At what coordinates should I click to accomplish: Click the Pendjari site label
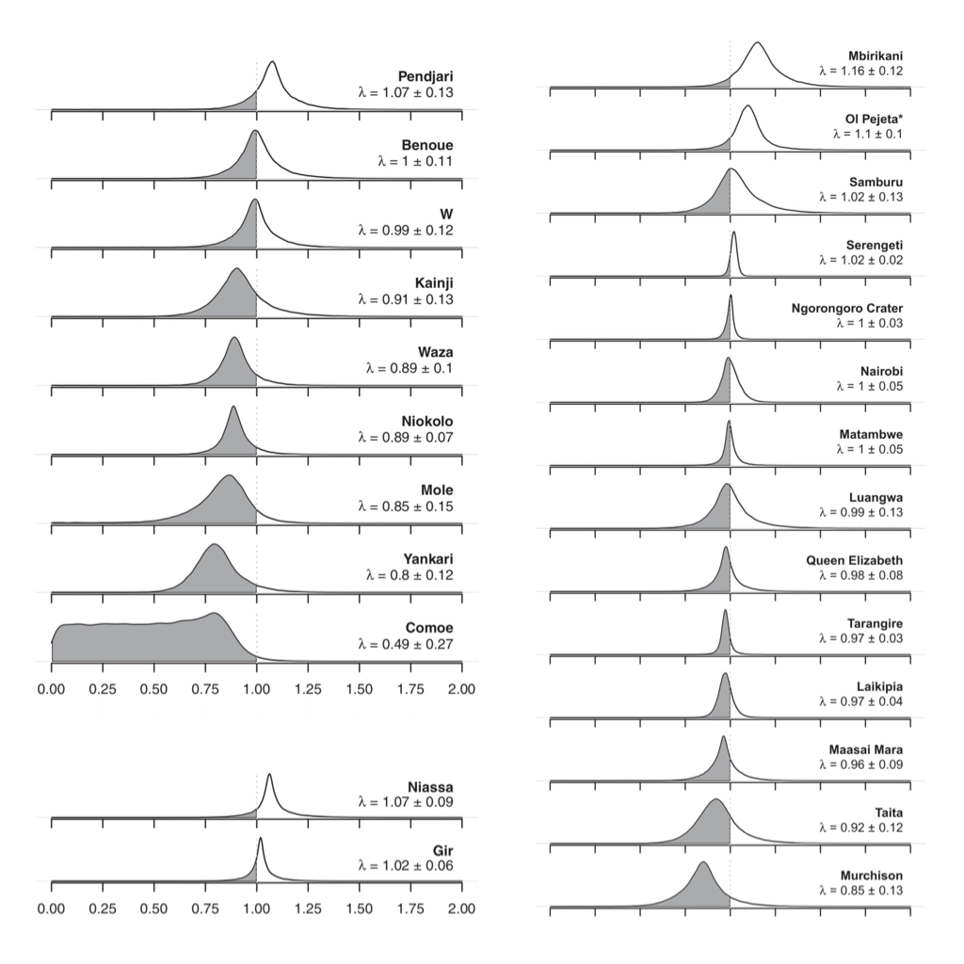tap(426, 75)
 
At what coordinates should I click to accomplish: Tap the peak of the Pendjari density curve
tap(272, 62)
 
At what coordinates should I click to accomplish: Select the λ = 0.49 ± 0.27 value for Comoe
tap(406, 644)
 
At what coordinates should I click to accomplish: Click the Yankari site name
tap(428, 559)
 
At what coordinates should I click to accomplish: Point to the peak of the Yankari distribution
tap(215, 545)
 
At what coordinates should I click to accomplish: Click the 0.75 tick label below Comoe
tap(204, 689)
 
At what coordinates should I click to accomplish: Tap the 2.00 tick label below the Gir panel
tap(461, 909)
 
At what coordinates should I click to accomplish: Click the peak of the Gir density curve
tap(260, 838)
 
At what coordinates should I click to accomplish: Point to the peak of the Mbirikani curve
tap(758, 43)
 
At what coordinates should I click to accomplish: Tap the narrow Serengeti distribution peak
tap(734, 233)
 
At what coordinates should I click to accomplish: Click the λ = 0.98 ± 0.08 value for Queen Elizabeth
tap(860, 575)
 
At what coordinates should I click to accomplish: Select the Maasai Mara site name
tap(866, 749)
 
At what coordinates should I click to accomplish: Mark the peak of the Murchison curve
tap(701, 862)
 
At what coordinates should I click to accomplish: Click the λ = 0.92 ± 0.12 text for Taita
tap(860, 827)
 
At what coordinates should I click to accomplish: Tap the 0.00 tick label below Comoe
tap(51, 689)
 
